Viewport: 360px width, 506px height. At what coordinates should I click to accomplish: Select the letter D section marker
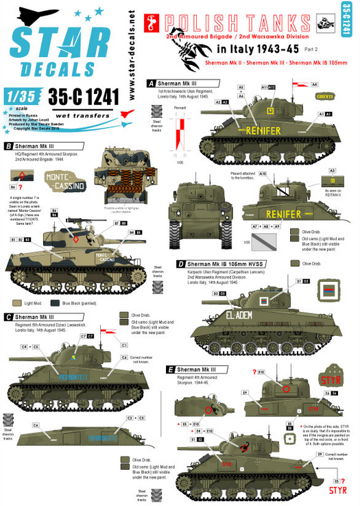(x=180, y=263)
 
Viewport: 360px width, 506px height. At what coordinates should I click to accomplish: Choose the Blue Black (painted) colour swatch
(x=57, y=302)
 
